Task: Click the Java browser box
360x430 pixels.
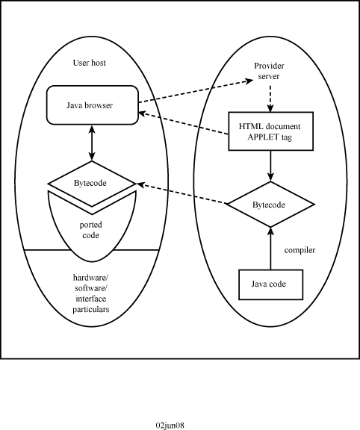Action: tap(93, 105)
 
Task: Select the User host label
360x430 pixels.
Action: tap(90, 63)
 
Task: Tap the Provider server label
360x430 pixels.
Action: tap(269, 71)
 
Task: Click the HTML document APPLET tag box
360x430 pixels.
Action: tap(271, 131)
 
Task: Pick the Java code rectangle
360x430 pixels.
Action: tap(271, 284)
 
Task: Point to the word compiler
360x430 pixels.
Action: tap(300, 250)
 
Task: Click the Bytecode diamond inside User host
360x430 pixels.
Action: tap(92, 184)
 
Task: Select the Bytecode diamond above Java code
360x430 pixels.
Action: tap(270, 205)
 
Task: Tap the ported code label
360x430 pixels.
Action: tap(90, 230)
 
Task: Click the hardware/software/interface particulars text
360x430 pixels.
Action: tap(91, 293)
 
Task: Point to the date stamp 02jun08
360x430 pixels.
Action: tap(170, 425)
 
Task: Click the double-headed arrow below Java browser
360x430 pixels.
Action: tap(92, 143)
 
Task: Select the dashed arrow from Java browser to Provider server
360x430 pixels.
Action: tap(196, 91)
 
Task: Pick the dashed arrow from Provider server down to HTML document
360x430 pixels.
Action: tap(270, 99)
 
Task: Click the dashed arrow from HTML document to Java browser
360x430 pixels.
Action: tap(183, 123)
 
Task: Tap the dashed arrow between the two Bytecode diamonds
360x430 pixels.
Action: tap(181, 193)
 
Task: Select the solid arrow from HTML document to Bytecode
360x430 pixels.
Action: tap(270, 166)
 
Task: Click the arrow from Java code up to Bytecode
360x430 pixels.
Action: tap(270, 248)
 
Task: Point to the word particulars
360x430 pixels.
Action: tap(91, 309)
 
